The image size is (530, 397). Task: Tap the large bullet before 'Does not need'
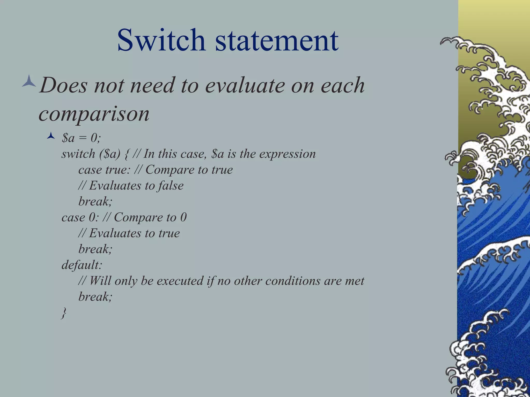pyautogui.click(x=29, y=81)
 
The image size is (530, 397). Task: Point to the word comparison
pyautogui.click(x=94, y=114)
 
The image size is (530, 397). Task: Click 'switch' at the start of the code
pyautogui.click(x=78, y=154)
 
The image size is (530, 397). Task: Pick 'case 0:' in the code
pyautogui.click(x=80, y=217)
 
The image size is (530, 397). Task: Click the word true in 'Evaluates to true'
pyautogui.click(x=169, y=233)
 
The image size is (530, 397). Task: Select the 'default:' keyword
pyautogui.click(x=82, y=265)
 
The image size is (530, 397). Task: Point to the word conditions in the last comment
pyautogui.click(x=293, y=281)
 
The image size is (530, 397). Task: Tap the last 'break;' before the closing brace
pyautogui.click(x=95, y=297)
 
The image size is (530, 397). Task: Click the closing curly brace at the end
pyautogui.click(x=64, y=313)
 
